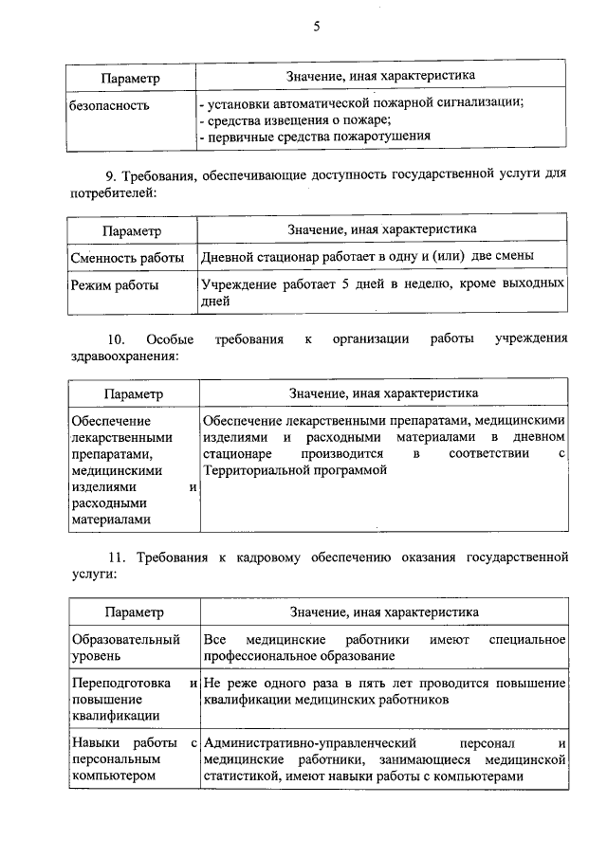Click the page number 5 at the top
tap(317, 27)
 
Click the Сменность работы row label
tap(129, 256)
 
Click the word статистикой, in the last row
tap(239, 776)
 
